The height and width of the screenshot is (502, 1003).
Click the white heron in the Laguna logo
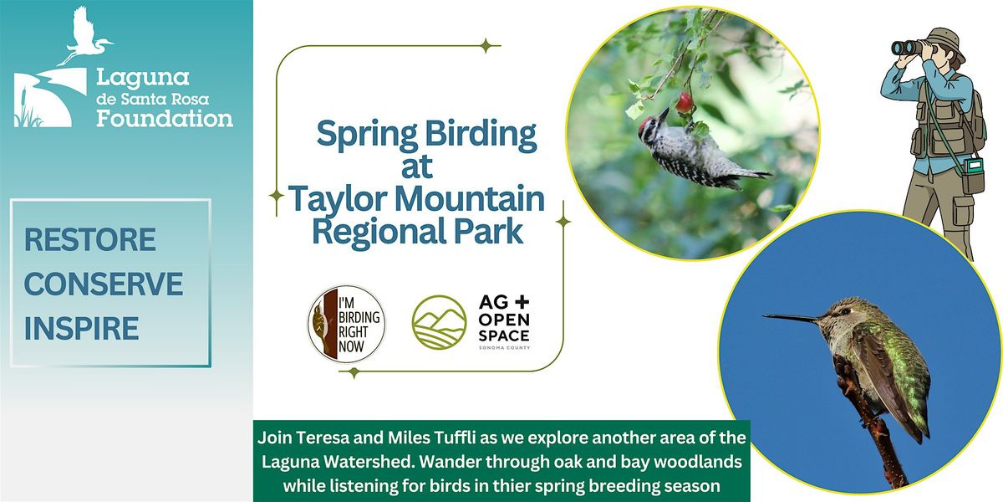[84, 36]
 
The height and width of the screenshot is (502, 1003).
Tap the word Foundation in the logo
[165, 119]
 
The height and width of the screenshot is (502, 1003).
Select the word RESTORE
[90, 240]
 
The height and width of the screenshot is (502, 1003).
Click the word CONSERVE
[104, 284]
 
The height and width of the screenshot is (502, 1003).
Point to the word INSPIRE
[82, 328]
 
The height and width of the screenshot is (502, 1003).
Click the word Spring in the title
[367, 135]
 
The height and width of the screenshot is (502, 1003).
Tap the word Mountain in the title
[469, 198]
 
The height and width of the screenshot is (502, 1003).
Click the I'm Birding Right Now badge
[346, 324]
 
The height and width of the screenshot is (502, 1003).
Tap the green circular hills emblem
[439, 322]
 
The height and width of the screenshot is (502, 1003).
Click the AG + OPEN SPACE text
[504, 322]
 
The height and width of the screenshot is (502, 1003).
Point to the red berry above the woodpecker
[684, 103]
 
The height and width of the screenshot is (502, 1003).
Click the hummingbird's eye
[844, 311]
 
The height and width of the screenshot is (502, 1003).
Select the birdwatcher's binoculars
[907, 48]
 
